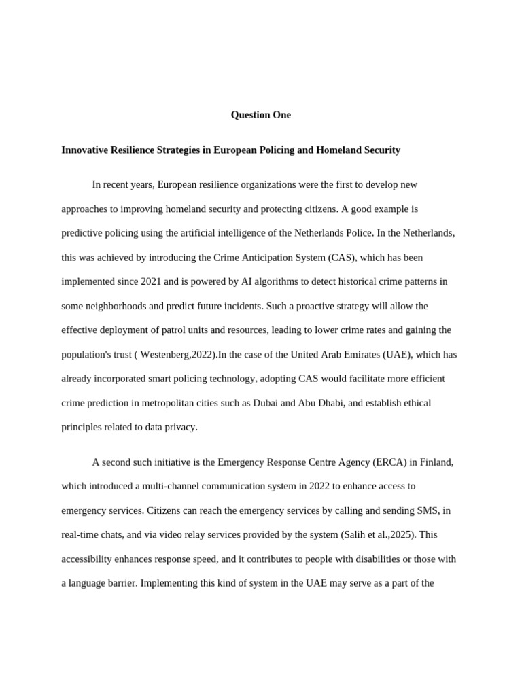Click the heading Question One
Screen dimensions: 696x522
[x=260, y=115]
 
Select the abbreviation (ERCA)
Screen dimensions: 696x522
[x=391, y=462]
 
